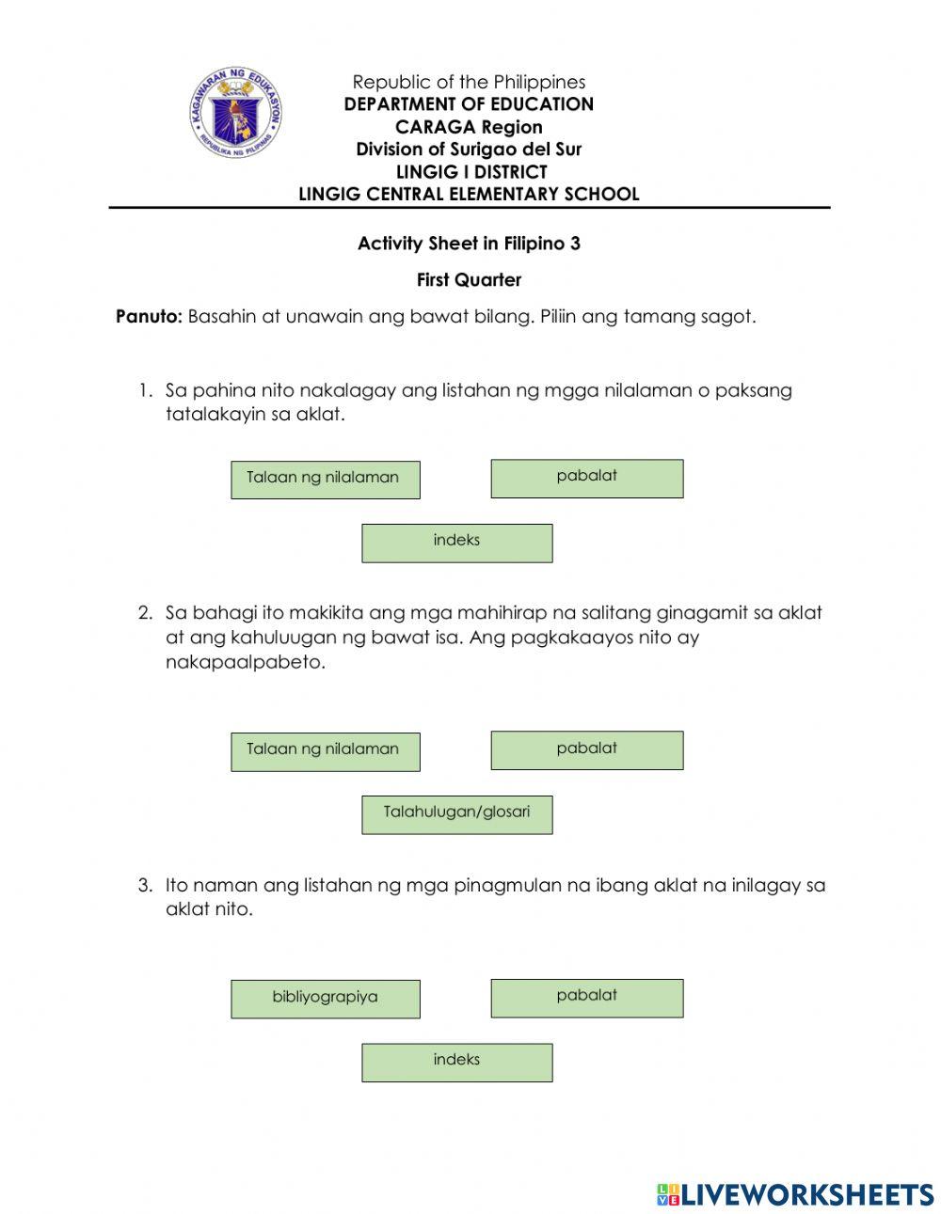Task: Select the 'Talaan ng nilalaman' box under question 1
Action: pyautogui.click(x=326, y=480)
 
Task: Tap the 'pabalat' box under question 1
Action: pyautogui.click(x=586, y=478)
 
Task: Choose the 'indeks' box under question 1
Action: pyautogui.click(x=457, y=543)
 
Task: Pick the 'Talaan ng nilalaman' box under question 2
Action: pyautogui.click(x=326, y=751)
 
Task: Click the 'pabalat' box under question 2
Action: pyautogui.click(x=586, y=749)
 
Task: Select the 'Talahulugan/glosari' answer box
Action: pyautogui.click(x=457, y=814)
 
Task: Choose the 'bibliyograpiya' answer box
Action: pyautogui.click(x=326, y=999)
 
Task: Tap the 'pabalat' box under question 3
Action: pyautogui.click(x=586, y=997)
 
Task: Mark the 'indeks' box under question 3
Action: pyautogui.click(x=457, y=1062)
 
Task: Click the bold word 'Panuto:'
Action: pyautogui.click(x=149, y=316)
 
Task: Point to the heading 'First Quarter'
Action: pyautogui.click(x=469, y=280)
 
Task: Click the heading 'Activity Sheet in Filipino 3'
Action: pyautogui.click(x=469, y=244)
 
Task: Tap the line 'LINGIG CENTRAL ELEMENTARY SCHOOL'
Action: pyautogui.click(x=469, y=194)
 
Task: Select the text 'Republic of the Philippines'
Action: pyautogui.click(x=469, y=82)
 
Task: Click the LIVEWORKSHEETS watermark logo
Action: pyautogui.click(x=794, y=1193)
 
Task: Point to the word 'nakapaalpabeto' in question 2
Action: pyautogui.click(x=245, y=661)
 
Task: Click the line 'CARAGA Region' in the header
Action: pyautogui.click(x=469, y=127)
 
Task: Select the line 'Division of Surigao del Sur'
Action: pyautogui.click(x=469, y=149)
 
